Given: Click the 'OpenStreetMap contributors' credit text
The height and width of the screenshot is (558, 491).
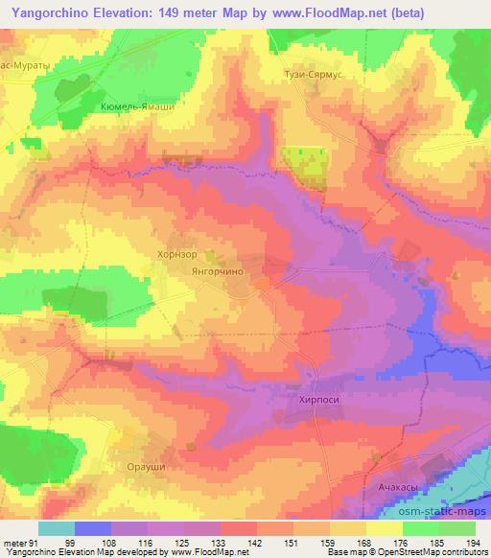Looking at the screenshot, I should point(432,551).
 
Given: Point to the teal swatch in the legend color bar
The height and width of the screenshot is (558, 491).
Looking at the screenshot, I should point(58,527).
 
